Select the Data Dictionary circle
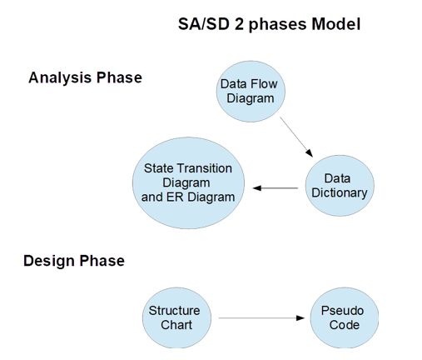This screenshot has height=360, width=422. click(337, 186)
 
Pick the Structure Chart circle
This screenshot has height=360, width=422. click(174, 317)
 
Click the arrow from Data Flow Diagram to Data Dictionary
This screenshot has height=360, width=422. click(296, 137)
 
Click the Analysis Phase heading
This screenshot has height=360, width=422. click(85, 77)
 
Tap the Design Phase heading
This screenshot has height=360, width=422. click(74, 261)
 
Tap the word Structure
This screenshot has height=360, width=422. click(174, 311)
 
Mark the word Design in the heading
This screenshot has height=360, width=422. click(49, 261)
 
